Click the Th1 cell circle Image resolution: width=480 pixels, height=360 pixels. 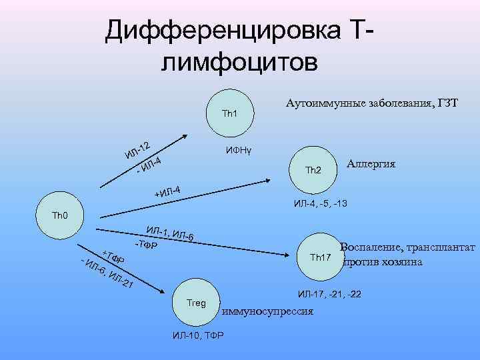point(230,113)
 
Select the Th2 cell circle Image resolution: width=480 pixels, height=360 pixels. point(313,170)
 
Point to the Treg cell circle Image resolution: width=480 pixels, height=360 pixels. point(197,303)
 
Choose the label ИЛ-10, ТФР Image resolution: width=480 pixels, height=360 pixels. point(198,334)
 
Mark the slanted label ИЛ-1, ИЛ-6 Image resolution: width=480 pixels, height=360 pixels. point(170,234)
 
